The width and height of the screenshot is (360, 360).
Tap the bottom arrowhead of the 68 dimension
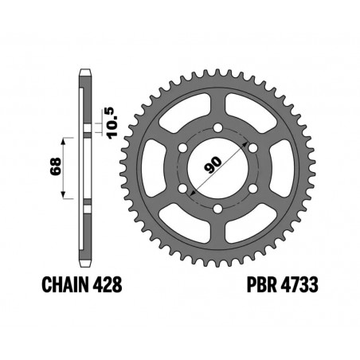tap(63, 197)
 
